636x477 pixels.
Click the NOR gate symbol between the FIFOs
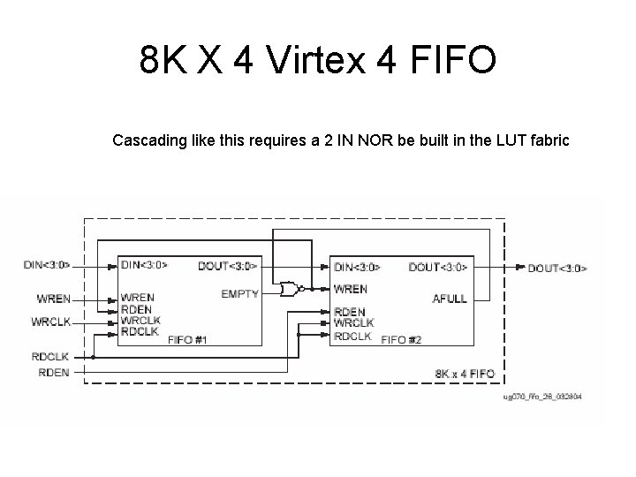pyautogui.click(x=288, y=288)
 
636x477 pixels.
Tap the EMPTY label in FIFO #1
pyautogui.click(x=239, y=293)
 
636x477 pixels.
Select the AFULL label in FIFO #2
pyautogui.click(x=450, y=298)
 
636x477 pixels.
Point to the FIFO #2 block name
pyautogui.click(x=401, y=340)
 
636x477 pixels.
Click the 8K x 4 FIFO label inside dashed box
pyautogui.click(x=465, y=375)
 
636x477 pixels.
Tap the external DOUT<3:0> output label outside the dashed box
pyautogui.click(x=557, y=268)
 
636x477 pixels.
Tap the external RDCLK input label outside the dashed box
pyautogui.click(x=50, y=357)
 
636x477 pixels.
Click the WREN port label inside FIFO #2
pyautogui.click(x=351, y=289)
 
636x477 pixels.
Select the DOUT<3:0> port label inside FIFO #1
pyautogui.click(x=228, y=266)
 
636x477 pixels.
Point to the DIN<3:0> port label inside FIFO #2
pyautogui.click(x=358, y=267)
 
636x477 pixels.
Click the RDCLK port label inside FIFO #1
pyautogui.click(x=140, y=332)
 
